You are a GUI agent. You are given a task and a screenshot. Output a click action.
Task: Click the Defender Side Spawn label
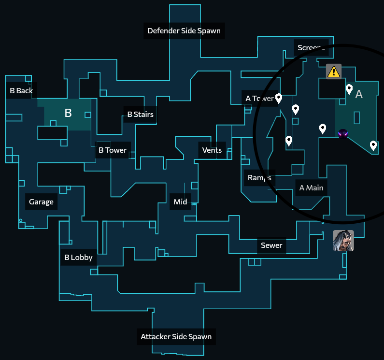pos(184,31)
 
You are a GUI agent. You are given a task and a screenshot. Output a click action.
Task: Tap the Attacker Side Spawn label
pos(176,336)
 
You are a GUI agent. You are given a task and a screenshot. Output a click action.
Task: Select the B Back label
pos(21,90)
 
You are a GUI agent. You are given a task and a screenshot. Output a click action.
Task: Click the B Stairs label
pos(140,115)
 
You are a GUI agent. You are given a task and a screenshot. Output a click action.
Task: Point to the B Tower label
pos(113,150)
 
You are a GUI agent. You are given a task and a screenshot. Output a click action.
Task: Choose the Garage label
pos(41,202)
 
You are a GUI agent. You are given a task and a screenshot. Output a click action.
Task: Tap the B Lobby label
pos(78,257)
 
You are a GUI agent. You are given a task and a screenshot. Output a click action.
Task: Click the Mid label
pos(180,202)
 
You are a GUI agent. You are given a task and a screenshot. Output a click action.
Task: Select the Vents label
pos(212,150)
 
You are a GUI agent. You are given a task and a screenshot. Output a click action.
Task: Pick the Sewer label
pos(271,245)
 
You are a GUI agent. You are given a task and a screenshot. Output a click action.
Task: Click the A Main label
pos(311,187)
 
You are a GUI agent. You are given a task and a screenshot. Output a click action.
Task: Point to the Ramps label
pos(259,177)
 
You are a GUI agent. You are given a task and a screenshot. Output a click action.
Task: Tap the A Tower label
pos(259,99)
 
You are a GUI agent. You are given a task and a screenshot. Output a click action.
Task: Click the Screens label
pos(311,47)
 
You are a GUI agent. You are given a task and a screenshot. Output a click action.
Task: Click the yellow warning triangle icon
pos(333,72)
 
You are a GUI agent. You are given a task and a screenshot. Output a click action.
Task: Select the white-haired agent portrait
pos(343,241)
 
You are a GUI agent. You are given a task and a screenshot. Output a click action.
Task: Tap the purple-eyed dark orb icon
pos(343,133)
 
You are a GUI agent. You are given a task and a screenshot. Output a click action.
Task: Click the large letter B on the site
pos(68,113)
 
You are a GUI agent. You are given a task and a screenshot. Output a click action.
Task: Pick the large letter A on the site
pos(359,94)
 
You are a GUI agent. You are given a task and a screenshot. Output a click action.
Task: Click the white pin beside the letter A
pos(349,89)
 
